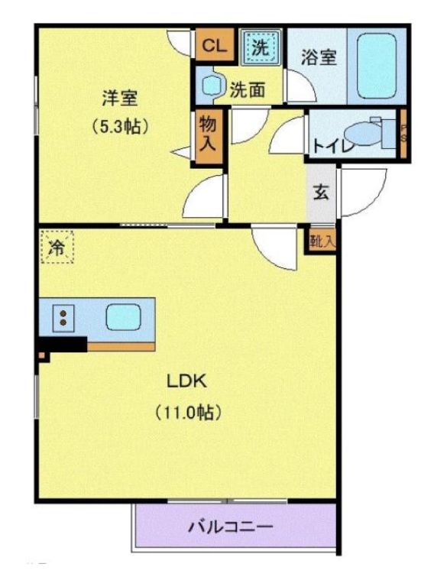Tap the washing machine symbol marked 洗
pyautogui.click(x=261, y=47)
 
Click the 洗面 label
pyautogui.click(x=248, y=90)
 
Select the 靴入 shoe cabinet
pyautogui.click(x=322, y=241)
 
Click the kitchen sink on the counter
pyautogui.click(x=121, y=316)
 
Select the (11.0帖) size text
pyautogui.click(x=188, y=413)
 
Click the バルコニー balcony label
pyautogui.click(x=230, y=527)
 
